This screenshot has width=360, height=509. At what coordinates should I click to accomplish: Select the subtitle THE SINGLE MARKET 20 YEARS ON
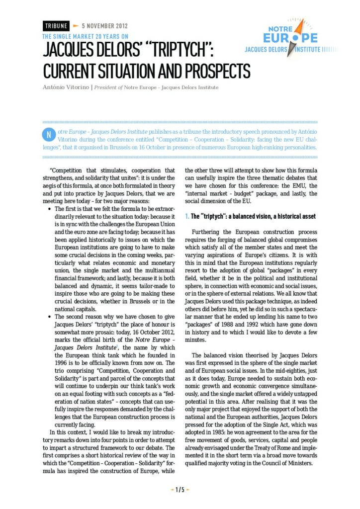click(x=85, y=36)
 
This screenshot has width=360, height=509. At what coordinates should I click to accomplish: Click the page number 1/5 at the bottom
click(x=180, y=490)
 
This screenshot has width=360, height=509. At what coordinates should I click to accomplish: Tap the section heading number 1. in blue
click(x=186, y=217)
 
